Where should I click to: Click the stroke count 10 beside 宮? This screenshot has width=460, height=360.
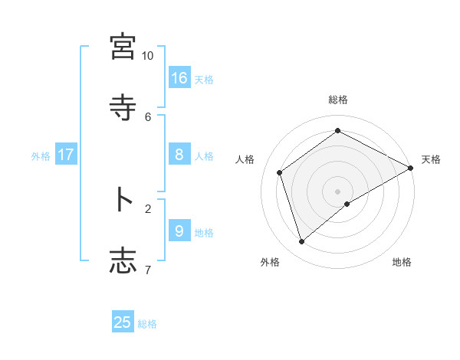148,56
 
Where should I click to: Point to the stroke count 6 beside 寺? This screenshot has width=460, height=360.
148,116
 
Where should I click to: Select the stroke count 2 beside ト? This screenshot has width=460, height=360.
148,208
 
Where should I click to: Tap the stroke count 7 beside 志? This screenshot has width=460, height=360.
148,269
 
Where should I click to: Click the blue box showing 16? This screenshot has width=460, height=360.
179,78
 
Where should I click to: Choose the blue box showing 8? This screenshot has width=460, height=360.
179,155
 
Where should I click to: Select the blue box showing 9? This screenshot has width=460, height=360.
179,231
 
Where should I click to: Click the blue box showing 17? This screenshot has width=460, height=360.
66,155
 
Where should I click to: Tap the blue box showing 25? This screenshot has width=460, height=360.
123,322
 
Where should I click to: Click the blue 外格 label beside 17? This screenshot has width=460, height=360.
41,156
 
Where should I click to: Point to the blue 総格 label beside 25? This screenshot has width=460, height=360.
147,324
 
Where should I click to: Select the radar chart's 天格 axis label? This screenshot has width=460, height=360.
431,159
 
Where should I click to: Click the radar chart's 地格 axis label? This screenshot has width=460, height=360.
402,262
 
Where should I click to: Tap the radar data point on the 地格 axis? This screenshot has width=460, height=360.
347,204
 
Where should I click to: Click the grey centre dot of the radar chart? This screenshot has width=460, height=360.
337,191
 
